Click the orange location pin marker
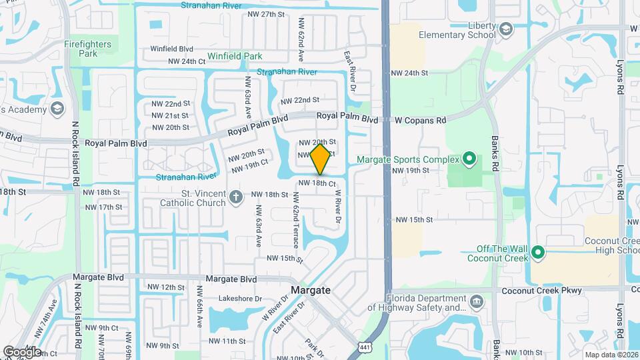tap(320, 159)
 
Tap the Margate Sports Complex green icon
tap(469, 159)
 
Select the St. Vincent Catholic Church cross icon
tap(235, 197)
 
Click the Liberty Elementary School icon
tap(506, 29)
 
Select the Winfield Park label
tap(234, 57)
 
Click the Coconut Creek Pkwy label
tap(551, 290)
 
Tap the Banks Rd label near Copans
tap(495, 154)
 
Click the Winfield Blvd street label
tap(171, 49)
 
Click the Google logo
tap(22, 351)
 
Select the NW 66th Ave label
tap(198, 307)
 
